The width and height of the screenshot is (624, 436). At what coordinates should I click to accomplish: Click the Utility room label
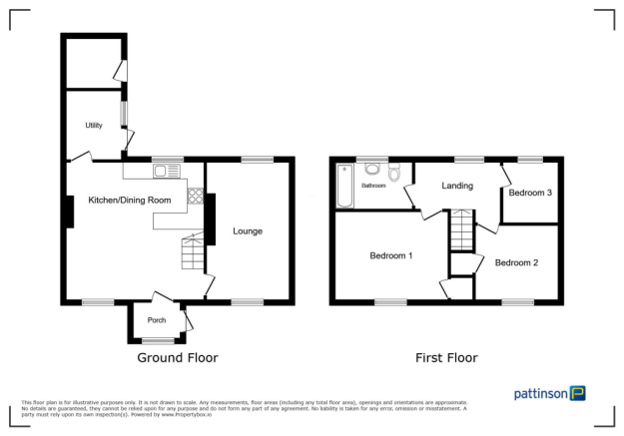[94, 125]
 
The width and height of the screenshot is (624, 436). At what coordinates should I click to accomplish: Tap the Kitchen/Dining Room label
[130, 201]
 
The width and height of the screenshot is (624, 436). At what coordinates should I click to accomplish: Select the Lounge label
[248, 231]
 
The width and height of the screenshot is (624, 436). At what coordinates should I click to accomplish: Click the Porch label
[157, 320]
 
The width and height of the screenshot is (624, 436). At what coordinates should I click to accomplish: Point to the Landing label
[457, 186]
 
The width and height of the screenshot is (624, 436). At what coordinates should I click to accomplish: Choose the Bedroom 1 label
[391, 255]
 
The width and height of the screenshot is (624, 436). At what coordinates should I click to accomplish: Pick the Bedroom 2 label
[516, 262]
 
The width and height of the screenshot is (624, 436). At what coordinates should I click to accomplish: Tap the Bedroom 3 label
[530, 193]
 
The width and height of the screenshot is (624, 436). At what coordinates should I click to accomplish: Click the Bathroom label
[373, 186]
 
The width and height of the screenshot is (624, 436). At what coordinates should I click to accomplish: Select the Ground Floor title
[177, 357]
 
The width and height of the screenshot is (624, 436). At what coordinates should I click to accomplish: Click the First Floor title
[446, 357]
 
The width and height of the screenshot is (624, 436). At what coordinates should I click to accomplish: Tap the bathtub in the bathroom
[345, 186]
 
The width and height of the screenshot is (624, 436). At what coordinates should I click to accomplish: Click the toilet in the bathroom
[394, 175]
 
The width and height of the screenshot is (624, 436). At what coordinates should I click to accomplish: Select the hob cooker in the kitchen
[196, 197]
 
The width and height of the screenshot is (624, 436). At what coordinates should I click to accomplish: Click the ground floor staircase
[190, 253]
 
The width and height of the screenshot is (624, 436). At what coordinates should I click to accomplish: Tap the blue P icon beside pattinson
[578, 393]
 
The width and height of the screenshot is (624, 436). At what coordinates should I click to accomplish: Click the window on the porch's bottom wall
[157, 341]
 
